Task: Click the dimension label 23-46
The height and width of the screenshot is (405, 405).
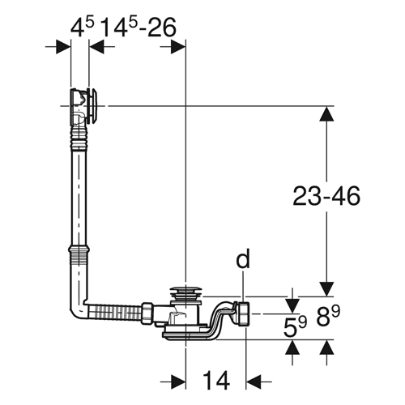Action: [x=326, y=196]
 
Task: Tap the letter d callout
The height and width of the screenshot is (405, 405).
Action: [x=243, y=258]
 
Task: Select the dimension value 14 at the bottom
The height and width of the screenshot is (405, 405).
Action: [x=216, y=380]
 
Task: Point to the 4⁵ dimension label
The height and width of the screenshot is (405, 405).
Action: [x=82, y=28]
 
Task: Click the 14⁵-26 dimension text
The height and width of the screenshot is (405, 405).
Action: [x=139, y=28]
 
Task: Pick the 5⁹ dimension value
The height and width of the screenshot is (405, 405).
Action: [x=295, y=327]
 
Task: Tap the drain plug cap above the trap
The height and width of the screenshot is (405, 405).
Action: [x=185, y=292]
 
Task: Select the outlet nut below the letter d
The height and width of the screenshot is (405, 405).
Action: [x=245, y=313]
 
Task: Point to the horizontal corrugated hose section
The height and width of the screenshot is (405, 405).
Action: [x=115, y=313]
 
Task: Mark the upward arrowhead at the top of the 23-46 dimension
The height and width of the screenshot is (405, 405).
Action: [x=326, y=113]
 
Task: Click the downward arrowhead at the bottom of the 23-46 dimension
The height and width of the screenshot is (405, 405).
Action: [x=326, y=289]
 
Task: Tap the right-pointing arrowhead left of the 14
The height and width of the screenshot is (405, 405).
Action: [x=178, y=382]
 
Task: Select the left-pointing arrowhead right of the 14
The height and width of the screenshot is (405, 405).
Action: [x=254, y=382]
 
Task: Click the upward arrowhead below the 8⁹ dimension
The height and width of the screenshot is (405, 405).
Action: [x=326, y=347]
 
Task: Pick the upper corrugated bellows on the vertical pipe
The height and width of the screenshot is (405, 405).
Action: [x=79, y=138]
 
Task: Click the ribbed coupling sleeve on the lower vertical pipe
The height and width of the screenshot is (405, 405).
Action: [x=79, y=255]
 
